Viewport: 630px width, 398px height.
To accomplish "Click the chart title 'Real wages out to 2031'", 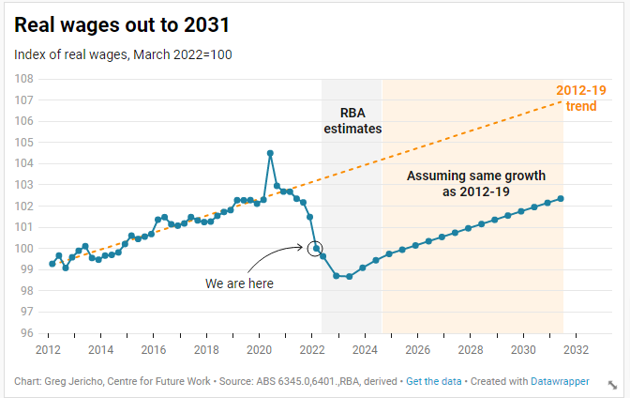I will pos(122,25).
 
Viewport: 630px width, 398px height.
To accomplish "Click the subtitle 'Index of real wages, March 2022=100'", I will pos(123,54).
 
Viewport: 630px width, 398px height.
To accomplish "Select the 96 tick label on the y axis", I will pos(28,333).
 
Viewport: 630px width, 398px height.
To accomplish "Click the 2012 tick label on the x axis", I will pos(48,349).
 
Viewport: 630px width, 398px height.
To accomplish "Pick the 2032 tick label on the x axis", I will pos(576,349).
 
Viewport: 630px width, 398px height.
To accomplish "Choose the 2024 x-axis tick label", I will pos(365,349).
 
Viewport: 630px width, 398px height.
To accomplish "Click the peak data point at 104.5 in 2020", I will pos(270,153).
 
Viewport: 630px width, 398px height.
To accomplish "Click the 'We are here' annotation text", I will pos(240,283).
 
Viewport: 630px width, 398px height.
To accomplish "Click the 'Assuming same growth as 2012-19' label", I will pos(475,183).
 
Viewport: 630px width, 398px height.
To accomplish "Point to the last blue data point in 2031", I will pos(561,198).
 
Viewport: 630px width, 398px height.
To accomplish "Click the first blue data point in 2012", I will pos(52,264).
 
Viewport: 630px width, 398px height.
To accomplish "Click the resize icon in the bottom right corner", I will pos(613,384).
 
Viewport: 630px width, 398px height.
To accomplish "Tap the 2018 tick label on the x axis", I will pos(206,349).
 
